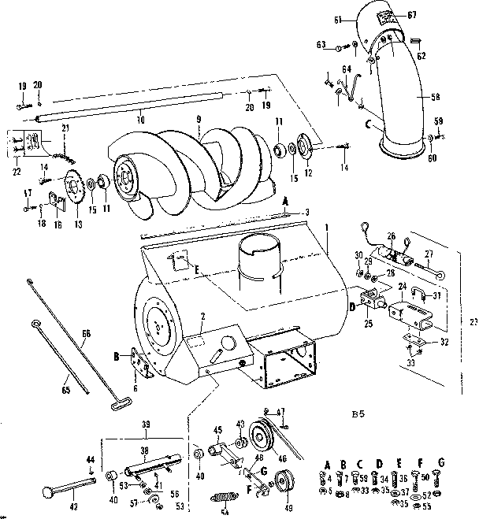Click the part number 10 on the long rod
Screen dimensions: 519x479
(x=141, y=120)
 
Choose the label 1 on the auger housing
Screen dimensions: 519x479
(x=325, y=226)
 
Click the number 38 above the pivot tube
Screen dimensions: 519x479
(x=144, y=452)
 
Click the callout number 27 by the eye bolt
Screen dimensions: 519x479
(x=430, y=254)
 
